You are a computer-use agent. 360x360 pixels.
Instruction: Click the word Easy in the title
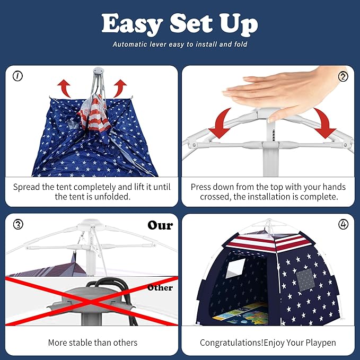click(x=132, y=24)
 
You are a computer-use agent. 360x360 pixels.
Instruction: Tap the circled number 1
click(x=17, y=76)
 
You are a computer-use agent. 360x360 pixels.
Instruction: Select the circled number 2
click(x=343, y=76)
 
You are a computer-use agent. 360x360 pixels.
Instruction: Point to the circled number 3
click(x=18, y=224)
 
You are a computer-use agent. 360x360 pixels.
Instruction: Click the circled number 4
click(x=343, y=224)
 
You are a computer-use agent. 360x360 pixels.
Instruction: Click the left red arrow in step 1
click(x=64, y=87)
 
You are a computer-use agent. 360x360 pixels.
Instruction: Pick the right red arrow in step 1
click(x=119, y=87)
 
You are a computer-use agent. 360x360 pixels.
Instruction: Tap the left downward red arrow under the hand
click(x=221, y=124)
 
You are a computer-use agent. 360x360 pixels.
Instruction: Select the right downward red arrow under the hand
click(x=324, y=124)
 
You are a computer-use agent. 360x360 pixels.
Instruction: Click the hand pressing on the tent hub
click(x=283, y=92)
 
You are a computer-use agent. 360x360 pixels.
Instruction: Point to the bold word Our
click(x=160, y=225)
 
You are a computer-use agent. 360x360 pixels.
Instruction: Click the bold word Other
click(x=160, y=287)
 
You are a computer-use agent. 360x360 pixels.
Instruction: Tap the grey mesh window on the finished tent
click(x=305, y=279)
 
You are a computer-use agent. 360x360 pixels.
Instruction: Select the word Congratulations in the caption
click(x=231, y=343)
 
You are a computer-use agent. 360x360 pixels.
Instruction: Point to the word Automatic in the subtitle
click(x=130, y=44)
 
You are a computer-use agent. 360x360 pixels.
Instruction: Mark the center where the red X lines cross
click(x=91, y=302)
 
